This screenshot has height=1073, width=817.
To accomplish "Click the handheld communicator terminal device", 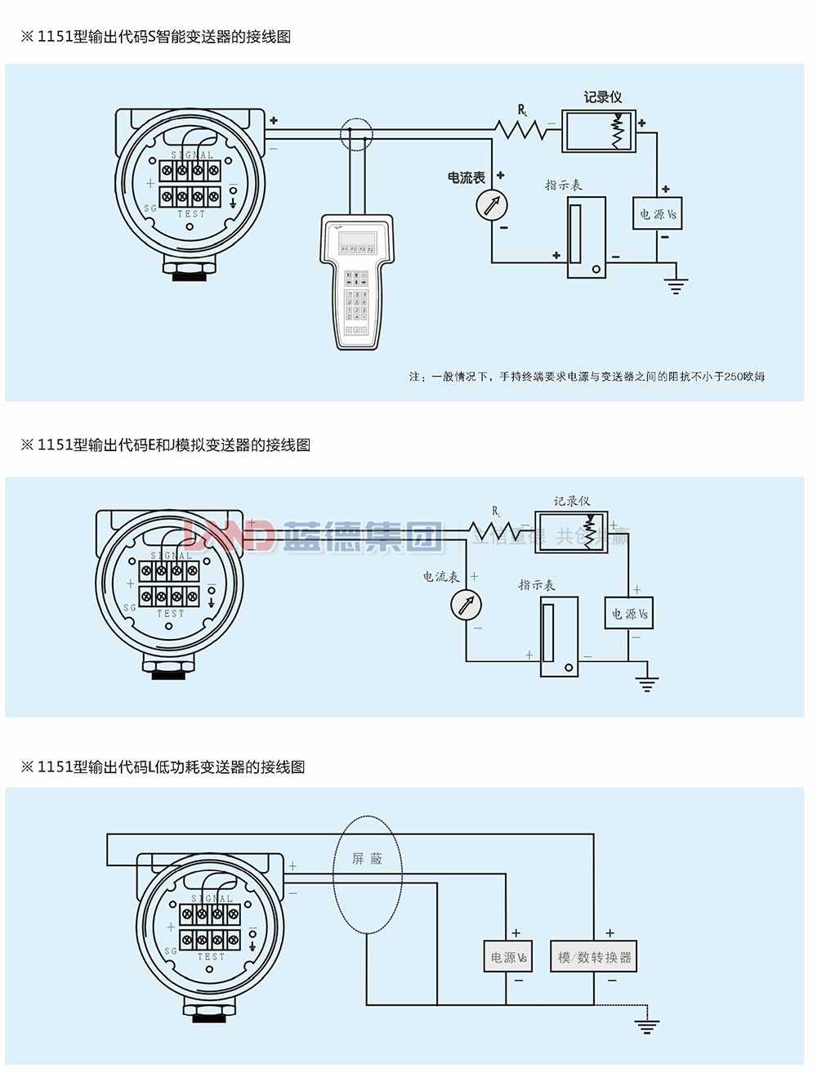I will tap(357, 282).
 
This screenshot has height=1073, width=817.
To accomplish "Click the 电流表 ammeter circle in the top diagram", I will tap(492, 204).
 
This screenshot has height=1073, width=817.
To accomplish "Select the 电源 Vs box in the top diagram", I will tap(658, 214).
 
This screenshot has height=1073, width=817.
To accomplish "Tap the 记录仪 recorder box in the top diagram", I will tap(599, 131).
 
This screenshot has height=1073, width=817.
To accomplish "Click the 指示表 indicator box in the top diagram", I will tap(586, 237).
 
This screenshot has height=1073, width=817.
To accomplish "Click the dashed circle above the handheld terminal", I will tap(356, 133).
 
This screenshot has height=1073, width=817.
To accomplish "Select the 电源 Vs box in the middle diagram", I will tap(630, 614).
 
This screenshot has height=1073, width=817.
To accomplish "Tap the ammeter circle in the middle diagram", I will tap(467, 606).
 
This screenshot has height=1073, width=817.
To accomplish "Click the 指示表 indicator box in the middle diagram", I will tap(559, 637).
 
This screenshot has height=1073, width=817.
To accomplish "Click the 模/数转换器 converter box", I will tap(594, 957).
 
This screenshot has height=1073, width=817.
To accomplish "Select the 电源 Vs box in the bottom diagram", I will tap(508, 957).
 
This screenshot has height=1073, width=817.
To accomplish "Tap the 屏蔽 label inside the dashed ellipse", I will tap(367, 859).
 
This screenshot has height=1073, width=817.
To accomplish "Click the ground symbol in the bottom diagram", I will tap(647, 1026).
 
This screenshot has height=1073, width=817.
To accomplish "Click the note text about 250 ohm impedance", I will tap(587, 377).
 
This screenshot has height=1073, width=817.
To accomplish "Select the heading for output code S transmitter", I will tap(156, 37).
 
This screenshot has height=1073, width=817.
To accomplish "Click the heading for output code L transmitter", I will tap(163, 767).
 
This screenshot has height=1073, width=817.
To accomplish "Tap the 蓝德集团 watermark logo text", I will tap(359, 536).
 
